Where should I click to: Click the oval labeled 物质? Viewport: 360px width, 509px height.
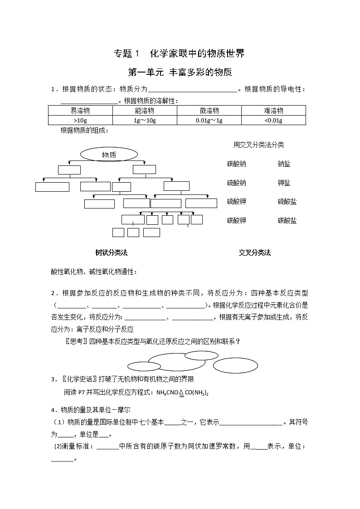click(109, 155)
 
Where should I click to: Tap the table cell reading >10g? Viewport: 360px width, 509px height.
click(80, 120)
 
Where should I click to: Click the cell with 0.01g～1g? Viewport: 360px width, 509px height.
click(209, 120)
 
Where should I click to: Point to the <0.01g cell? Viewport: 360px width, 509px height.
click(273, 120)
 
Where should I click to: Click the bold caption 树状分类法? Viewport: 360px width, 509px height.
click(108, 253)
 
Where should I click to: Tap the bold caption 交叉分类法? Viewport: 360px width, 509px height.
click(255, 253)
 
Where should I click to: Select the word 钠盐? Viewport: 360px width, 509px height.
click(284, 164)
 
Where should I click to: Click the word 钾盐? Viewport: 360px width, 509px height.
click(284, 183)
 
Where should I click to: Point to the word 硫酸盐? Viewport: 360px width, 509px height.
click(287, 202)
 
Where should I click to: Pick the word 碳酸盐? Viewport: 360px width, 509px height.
click(287, 221)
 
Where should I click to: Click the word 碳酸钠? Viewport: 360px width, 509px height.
click(237, 164)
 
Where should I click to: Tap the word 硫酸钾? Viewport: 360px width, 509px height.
click(237, 202)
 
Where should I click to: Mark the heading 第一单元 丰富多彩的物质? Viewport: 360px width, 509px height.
click(180, 72)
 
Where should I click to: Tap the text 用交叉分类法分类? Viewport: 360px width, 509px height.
click(258, 145)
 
